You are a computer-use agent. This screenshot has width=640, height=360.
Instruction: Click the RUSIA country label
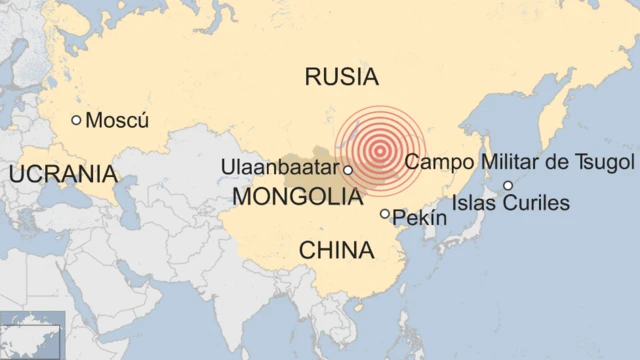342,76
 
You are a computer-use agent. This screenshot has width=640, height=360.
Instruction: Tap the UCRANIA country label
62,174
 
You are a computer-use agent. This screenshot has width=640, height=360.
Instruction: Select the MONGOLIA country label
297,197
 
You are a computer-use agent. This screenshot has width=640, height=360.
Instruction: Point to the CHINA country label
336,250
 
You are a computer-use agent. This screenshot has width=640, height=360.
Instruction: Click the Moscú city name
117,121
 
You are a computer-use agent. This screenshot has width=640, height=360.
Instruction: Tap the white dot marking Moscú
76,120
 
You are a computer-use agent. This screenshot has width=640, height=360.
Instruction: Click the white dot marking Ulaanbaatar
348,170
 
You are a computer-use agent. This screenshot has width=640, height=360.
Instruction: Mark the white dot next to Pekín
385,214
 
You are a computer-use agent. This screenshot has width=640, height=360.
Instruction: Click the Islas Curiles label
510,204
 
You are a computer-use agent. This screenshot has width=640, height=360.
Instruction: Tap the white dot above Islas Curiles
508,185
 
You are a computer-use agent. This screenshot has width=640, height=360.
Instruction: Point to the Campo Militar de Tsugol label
520,162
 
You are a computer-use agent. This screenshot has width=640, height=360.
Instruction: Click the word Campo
436,162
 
